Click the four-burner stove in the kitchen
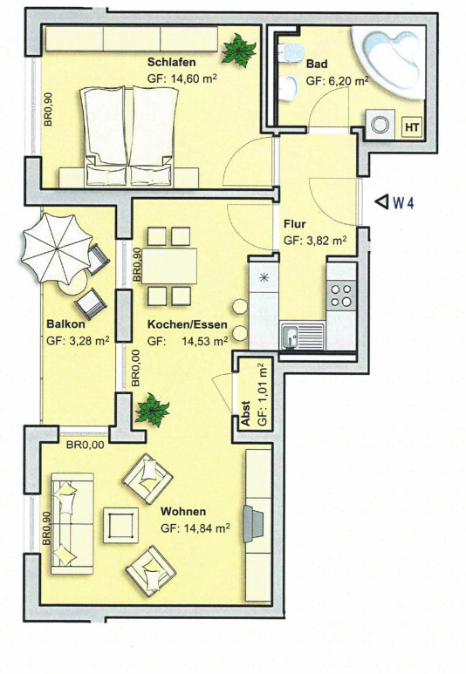click(341, 296)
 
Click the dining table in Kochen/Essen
click(168, 266)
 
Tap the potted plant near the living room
click(153, 409)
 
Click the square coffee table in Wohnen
click(119, 526)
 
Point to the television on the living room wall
click(255, 523)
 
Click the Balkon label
click(66, 325)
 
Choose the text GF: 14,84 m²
click(195, 528)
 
